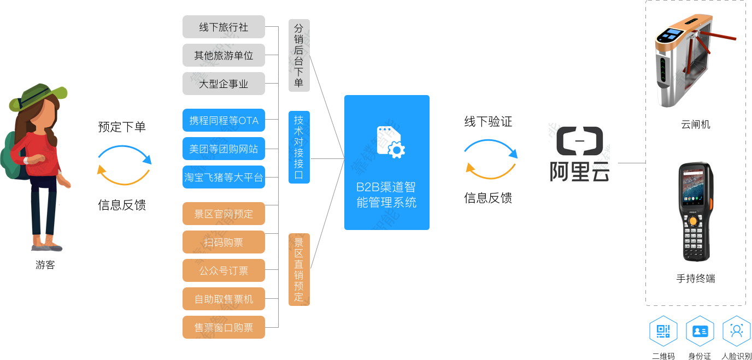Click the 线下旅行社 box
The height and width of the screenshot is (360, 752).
224,27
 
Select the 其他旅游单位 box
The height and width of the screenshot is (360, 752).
224,56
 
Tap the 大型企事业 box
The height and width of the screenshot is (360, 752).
224,84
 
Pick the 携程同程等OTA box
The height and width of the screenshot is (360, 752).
224,121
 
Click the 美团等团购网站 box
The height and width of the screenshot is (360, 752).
224,149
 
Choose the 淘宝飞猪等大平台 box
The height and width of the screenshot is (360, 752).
224,178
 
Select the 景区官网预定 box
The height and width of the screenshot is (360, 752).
224,214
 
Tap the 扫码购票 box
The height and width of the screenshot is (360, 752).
224,242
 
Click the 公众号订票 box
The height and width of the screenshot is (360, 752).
224,270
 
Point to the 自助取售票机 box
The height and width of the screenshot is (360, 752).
224,299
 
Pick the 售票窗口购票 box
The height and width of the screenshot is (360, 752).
224,327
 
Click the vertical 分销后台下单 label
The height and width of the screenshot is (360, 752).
299,55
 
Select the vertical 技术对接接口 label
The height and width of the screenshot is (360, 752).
299,147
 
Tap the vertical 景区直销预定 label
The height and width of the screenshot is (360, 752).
299,269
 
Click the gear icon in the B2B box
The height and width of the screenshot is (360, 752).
396,150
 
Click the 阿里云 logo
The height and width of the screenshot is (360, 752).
579,154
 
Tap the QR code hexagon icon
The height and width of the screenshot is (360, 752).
663,331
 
